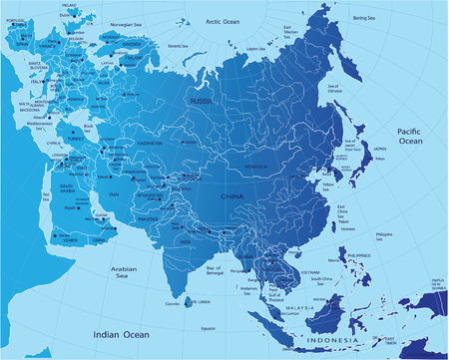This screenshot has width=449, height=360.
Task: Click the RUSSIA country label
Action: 204,101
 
